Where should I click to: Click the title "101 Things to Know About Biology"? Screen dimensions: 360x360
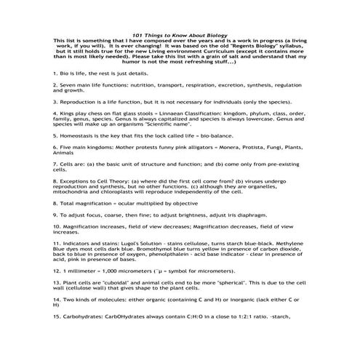[179, 35]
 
